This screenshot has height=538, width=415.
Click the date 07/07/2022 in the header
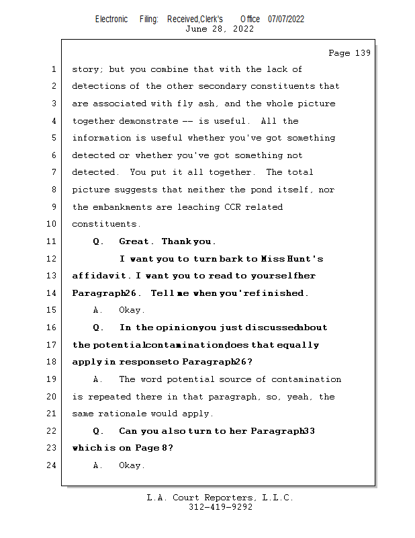(286, 19)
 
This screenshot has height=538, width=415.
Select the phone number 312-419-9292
(220, 508)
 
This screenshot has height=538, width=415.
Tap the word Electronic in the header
(111, 19)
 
